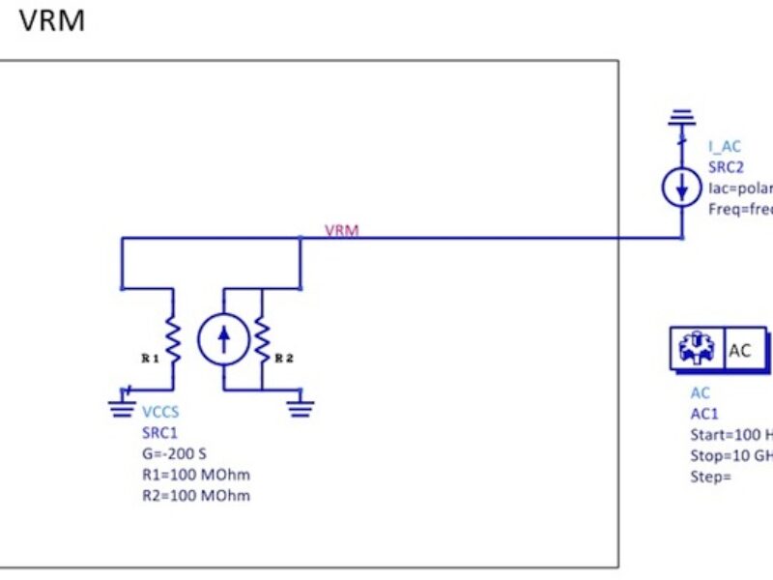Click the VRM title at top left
[x=52, y=19]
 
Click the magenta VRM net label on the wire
[x=342, y=231]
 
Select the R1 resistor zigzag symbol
[x=174, y=338]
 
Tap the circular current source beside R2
[x=223, y=338]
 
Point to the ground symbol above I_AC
[x=682, y=118]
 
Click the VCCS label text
[x=160, y=413]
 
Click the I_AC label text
[x=725, y=147]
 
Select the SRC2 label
[x=726, y=166]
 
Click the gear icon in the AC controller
[x=696, y=350]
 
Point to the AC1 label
[x=703, y=413]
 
